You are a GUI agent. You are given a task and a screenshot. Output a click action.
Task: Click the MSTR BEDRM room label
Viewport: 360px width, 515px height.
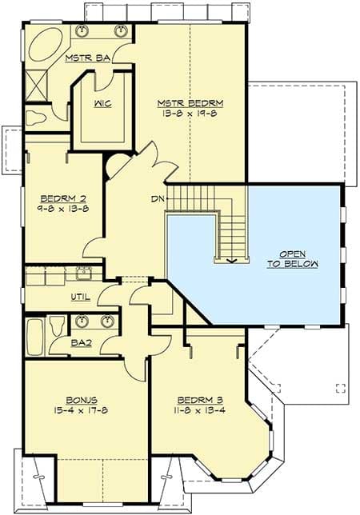(190, 103)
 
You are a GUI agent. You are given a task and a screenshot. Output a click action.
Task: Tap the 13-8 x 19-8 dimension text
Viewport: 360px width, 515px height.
(190, 114)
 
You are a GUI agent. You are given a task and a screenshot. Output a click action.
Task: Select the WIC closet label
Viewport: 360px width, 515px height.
(102, 105)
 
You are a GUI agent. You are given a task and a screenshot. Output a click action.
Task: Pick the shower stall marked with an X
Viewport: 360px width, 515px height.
(34, 85)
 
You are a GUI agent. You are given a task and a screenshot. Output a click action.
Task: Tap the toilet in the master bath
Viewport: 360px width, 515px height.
(37, 118)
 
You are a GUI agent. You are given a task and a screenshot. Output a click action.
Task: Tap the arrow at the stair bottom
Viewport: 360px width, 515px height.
(230, 258)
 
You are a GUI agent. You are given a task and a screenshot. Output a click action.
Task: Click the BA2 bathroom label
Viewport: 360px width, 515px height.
(82, 342)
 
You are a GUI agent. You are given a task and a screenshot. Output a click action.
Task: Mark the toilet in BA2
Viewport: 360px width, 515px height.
(57, 325)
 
